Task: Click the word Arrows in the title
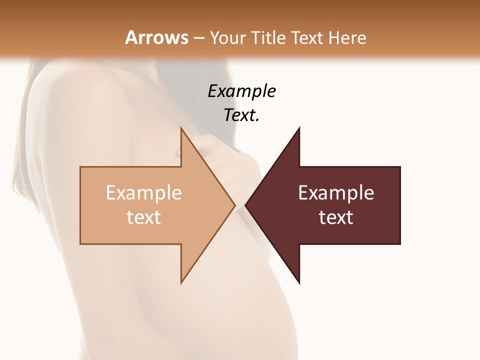[x=156, y=37]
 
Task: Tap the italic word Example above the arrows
[x=242, y=91]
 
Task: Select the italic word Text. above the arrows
[x=241, y=115]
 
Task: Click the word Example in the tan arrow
[x=144, y=193]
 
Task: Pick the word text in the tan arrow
[x=144, y=217]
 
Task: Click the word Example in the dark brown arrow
[x=336, y=193]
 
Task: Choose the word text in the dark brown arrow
[x=336, y=217]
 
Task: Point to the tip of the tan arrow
[x=234, y=205]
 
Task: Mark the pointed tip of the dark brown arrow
[x=246, y=205]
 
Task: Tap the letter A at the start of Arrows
[x=131, y=37]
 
